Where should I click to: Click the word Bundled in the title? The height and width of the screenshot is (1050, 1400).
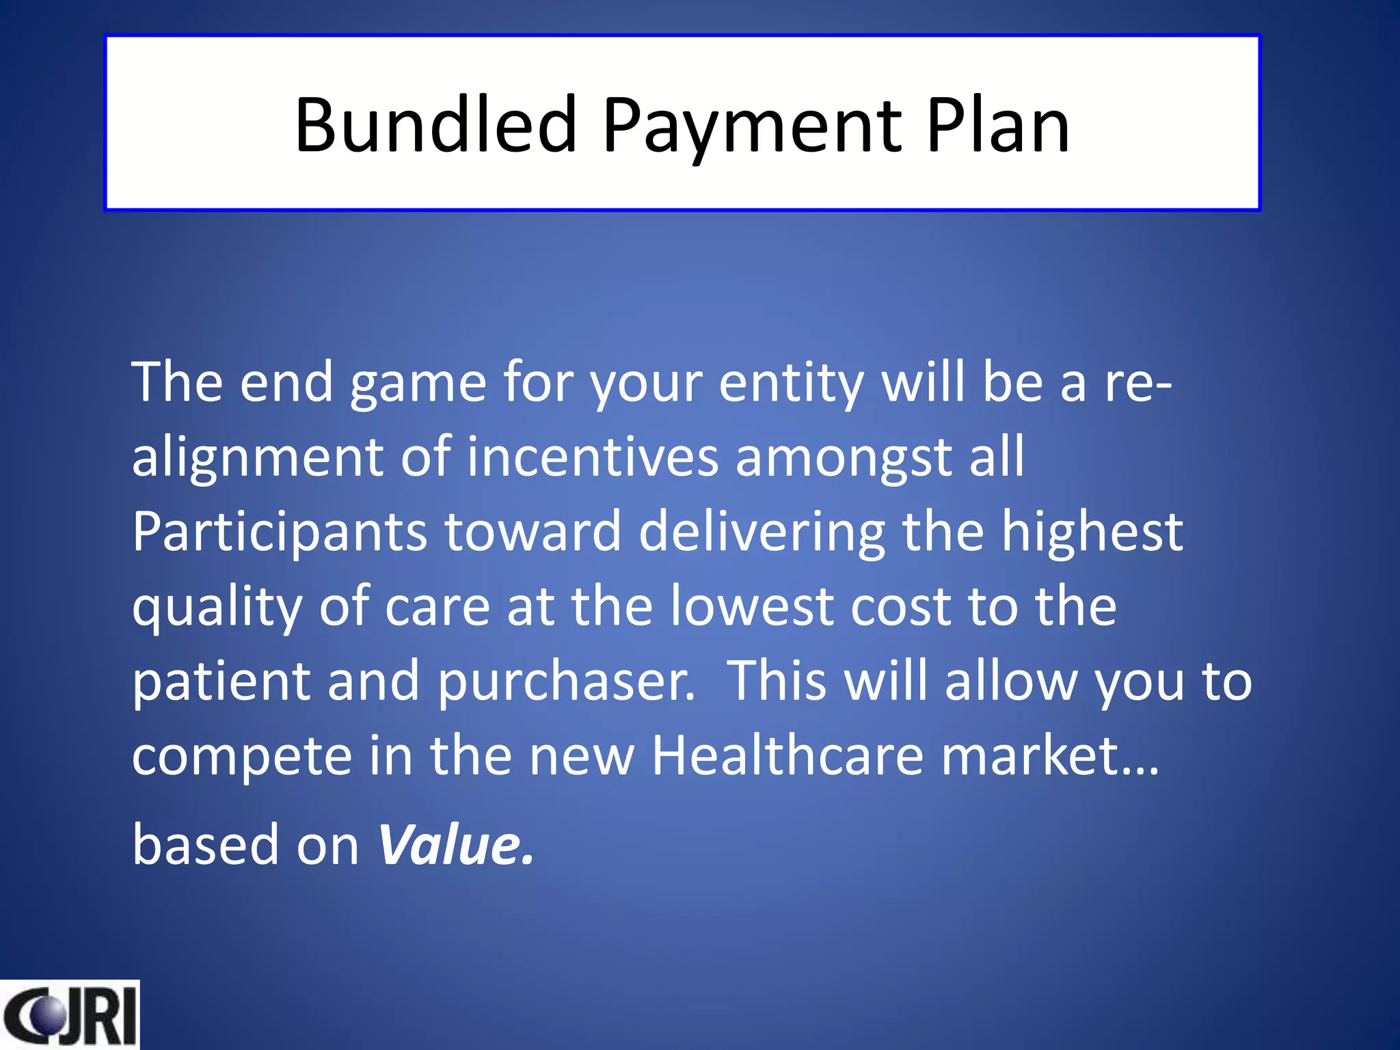tap(435, 125)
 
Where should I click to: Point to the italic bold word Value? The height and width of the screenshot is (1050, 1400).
tap(455, 845)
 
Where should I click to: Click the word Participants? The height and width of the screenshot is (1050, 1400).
tap(279, 533)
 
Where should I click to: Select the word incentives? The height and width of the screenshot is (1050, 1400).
tap(592, 457)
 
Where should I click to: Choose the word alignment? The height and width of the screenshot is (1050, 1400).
tap(256, 458)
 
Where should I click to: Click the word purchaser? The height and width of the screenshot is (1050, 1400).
tap(566, 683)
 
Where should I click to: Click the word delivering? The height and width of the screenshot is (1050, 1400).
tap(762, 533)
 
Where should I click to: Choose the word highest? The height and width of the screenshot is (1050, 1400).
tap(1092, 533)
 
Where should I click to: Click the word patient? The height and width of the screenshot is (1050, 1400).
tap(221, 683)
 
